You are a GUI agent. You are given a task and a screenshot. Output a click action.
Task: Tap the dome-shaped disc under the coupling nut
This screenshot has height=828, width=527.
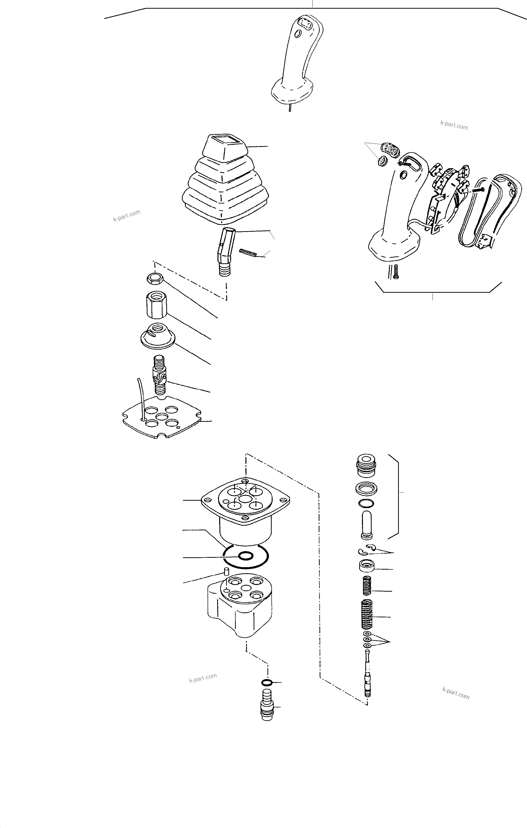tap(157, 336)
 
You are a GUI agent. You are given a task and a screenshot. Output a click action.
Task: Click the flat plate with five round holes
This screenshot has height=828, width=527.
tap(162, 418)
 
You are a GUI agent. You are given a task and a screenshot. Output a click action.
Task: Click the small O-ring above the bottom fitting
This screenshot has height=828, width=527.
tap(267, 682)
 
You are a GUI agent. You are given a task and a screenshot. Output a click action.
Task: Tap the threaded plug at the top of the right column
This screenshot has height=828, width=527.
tap(367, 466)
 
